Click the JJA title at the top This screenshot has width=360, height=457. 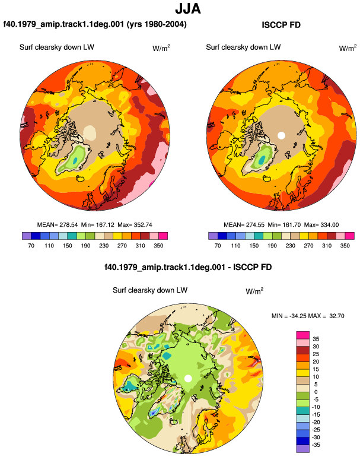pyautogui.click(x=188, y=8)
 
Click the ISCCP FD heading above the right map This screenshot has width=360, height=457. pyautogui.click(x=281, y=25)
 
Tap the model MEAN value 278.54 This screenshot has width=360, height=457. pyautogui.click(x=69, y=225)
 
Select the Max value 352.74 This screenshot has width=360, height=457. pyautogui.click(x=143, y=225)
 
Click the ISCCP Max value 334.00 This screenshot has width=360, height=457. pyautogui.click(x=329, y=225)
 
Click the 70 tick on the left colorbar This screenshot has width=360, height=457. pyautogui.click(x=31, y=245)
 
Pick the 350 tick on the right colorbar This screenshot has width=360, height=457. pyautogui.click(x=345, y=245)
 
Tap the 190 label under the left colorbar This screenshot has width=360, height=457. pyautogui.click(x=85, y=245)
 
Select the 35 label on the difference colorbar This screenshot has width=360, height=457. pyautogui.click(x=316, y=339)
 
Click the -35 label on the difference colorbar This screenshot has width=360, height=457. pyautogui.click(x=316, y=445)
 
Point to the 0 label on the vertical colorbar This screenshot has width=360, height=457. pyautogui.click(x=316, y=392)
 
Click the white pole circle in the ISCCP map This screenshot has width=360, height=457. pyautogui.click(x=281, y=135)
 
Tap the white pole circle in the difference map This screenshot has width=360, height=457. pyautogui.click(x=188, y=379)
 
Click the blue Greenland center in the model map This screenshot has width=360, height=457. pyautogui.click(x=75, y=160)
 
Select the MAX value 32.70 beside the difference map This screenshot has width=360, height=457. pyautogui.click(x=337, y=316)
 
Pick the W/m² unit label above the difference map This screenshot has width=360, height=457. pyautogui.click(x=254, y=291)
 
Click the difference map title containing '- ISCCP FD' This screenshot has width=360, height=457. pyautogui.click(x=188, y=267)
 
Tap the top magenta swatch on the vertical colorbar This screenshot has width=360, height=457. pyautogui.click(x=303, y=335)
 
